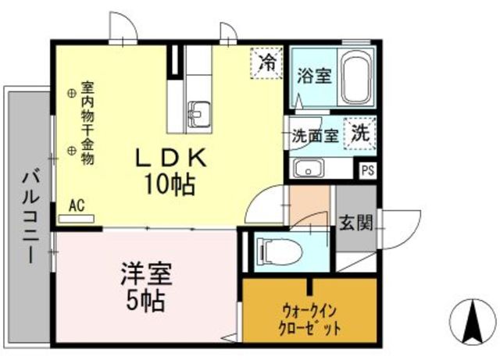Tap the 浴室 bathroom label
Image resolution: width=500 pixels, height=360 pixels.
pos(314,77)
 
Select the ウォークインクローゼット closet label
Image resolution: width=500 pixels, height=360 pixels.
pos(310,319)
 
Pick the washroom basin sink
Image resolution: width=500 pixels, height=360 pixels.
pos(309,169)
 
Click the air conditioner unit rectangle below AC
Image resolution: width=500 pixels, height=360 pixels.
pos(77,217)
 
